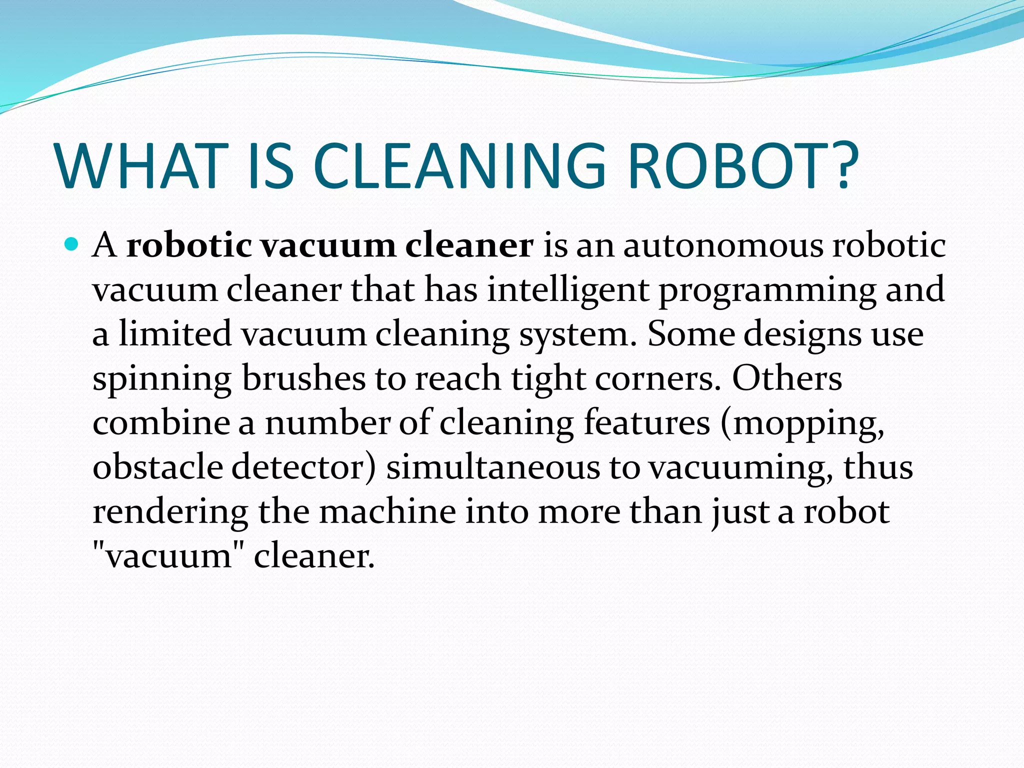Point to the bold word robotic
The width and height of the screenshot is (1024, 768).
tap(189, 245)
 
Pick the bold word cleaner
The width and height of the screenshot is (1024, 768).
tap(469, 245)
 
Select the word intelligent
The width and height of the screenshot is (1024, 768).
tap(568, 289)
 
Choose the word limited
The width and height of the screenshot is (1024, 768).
tap(175, 333)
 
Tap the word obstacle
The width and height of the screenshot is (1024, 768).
tap(158, 466)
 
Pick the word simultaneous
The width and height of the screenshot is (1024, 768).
tap(493, 466)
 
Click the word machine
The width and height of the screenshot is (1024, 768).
tap(387, 511)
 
